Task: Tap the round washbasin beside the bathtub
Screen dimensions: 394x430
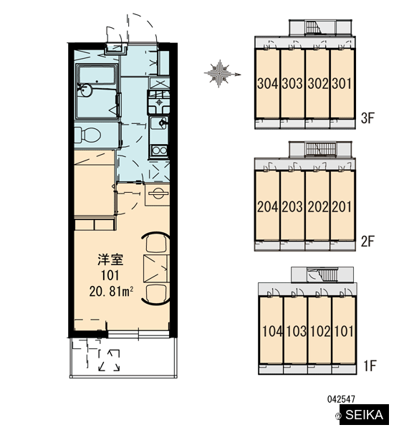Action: [85, 90]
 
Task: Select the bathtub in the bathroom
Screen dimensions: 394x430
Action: [97, 75]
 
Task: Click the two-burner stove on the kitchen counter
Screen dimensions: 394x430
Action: [159, 150]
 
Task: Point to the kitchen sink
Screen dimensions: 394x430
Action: [159, 123]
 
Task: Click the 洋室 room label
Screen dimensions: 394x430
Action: [110, 259]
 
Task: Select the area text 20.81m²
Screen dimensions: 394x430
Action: [111, 291]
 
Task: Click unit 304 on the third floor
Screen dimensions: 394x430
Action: [268, 84]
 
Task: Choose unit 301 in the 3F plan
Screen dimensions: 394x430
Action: [342, 84]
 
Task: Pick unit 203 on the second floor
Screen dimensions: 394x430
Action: [292, 207]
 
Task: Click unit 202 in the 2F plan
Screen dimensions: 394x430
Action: [318, 207]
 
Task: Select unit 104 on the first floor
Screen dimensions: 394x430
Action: [272, 331]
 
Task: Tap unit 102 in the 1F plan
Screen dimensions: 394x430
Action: [320, 331]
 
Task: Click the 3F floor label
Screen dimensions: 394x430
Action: [367, 118]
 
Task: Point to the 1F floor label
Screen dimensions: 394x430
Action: [370, 365]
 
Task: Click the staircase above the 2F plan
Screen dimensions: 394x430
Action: [320, 149]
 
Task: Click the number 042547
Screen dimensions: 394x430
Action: [341, 399]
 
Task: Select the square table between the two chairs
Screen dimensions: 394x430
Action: [155, 269]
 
